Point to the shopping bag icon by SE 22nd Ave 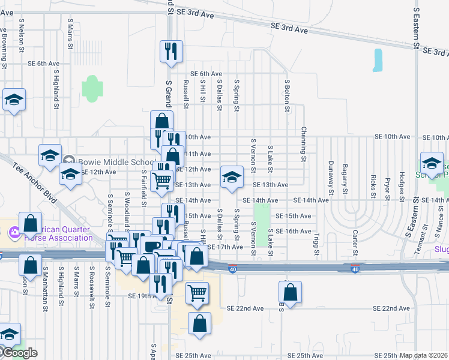(290, 293)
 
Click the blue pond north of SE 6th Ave (378, 61)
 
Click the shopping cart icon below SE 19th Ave (197, 293)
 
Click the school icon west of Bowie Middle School (50, 155)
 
